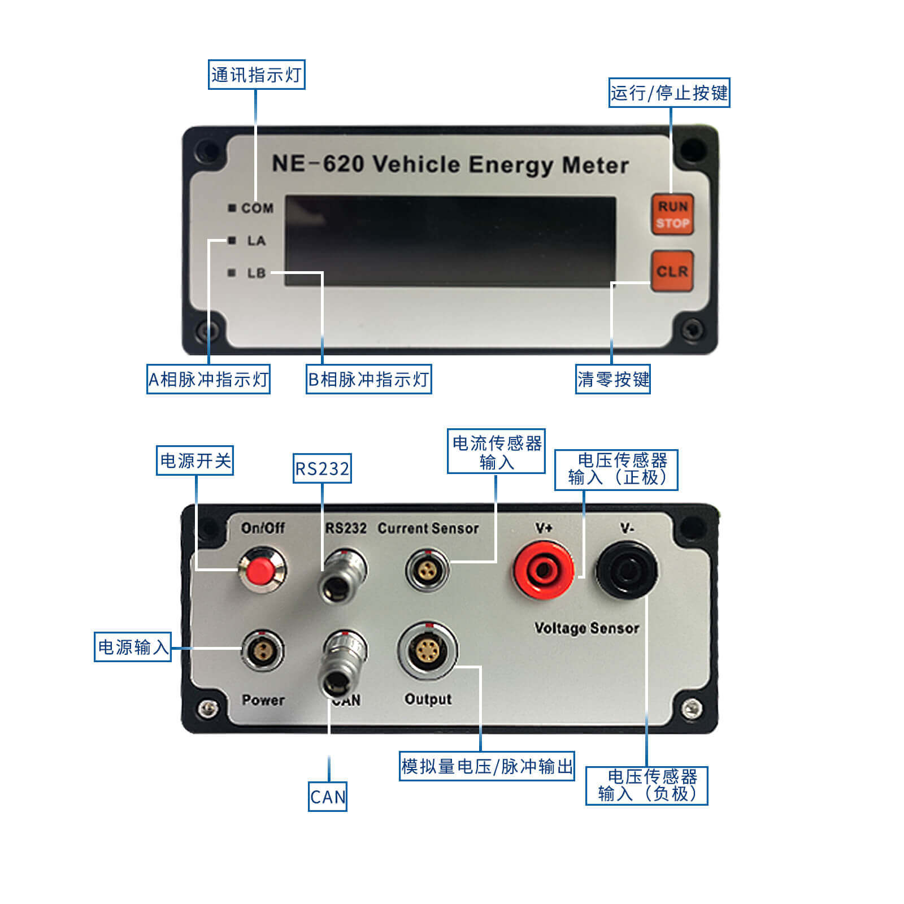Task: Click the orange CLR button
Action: tap(672, 271)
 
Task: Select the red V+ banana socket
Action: tap(543, 570)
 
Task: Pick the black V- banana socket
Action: tap(627, 570)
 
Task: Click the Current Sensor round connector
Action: tap(427, 569)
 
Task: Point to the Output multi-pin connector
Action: tap(428, 651)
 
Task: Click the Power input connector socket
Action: tap(263, 650)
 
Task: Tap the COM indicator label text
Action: tap(257, 208)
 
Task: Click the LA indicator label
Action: tap(256, 241)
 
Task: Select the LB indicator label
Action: tap(256, 273)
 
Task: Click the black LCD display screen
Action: tap(450, 241)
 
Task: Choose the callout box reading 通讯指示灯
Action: tap(257, 75)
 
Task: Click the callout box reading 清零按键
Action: tap(613, 379)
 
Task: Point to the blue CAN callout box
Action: tap(328, 797)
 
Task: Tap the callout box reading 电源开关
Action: tap(195, 460)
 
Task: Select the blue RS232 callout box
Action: tap(322, 468)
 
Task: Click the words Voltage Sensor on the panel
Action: tap(586, 628)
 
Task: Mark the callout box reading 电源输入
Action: tap(133, 647)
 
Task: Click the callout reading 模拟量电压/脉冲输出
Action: tap(487, 766)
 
